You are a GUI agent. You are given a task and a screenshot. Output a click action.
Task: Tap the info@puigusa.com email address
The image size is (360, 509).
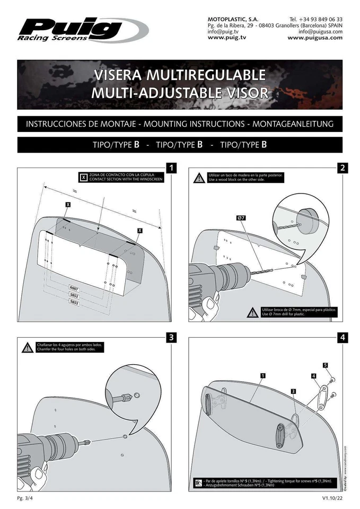320,31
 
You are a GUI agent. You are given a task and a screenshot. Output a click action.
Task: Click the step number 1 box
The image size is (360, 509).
171,168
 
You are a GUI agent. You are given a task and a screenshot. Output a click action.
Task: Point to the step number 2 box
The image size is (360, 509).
343,168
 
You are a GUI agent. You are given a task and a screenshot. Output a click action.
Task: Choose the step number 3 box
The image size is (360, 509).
171,337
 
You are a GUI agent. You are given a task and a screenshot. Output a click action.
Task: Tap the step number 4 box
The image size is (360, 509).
343,337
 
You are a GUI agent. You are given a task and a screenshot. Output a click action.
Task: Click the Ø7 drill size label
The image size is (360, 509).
241,218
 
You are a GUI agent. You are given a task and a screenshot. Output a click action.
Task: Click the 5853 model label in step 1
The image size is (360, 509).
74,302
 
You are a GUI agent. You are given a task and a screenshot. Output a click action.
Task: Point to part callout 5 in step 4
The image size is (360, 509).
325,365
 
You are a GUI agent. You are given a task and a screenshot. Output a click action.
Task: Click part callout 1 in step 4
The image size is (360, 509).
263,375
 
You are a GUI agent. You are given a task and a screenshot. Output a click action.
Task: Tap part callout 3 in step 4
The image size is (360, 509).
293,391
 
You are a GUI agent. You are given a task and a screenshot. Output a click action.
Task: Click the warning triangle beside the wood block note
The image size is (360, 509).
198,178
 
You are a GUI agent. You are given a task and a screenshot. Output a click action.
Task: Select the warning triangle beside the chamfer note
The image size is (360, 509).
27,348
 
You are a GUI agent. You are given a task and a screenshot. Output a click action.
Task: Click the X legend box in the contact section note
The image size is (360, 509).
83,177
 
